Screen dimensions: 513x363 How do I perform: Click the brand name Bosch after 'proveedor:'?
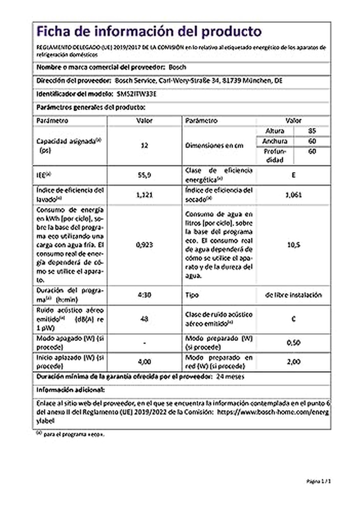pyautogui.click(x=177, y=67)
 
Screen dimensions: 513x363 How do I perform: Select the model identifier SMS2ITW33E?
pyautogui.click(x=136, y=94)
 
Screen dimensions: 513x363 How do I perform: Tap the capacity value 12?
pyautogui.click(x=144, y=146)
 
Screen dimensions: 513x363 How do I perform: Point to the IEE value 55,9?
pyautogui.click(x=144, y=175)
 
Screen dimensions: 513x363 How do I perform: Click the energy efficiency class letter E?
pyautogui.click(x=293, y=175)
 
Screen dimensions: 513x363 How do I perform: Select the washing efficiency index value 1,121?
pyautogui.click(x=144, y=195)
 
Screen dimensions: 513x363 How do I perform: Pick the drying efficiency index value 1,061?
pyautogui.click(x=293, y=195)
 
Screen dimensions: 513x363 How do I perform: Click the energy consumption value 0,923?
pyautogui.click(x=144, y=245)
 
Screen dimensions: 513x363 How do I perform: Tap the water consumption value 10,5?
pyautogui.click(x=293, y=245)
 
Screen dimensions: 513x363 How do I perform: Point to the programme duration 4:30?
pyautogui.click(x=144, y=295)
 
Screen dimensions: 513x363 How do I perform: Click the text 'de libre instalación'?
pyautogui.click(x=293, y=295)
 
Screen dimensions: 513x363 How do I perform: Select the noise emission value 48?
pyautogui.click(x=144, y=319)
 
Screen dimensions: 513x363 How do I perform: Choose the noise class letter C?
pyautogui.click(x=293, y=319)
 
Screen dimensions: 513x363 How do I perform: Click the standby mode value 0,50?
pyautogui.click(x=293, y=343)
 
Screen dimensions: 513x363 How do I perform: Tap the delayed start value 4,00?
pyautogui.click(x=144, y=362)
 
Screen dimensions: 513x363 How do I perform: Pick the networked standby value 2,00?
pyautogui.click(x=293, y=362)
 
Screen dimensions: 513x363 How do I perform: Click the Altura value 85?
pyautogui.click(x=312, y=131)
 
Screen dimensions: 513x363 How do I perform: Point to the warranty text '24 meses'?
pyautogui.click(x=230, y=377)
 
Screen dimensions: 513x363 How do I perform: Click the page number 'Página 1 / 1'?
pyautogui.click(x=319, y=481)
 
